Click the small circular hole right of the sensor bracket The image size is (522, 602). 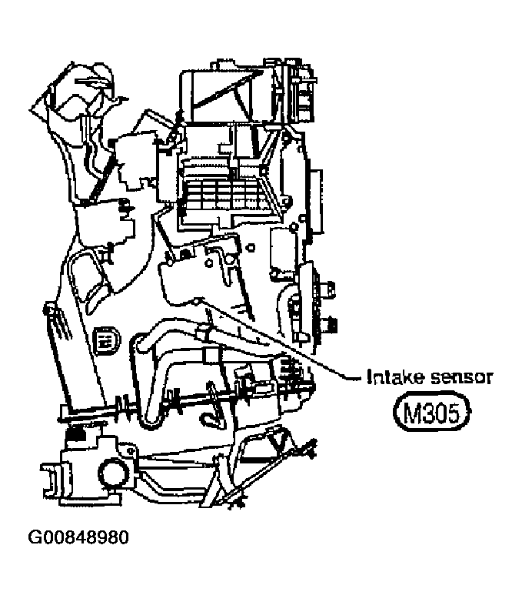250,247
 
